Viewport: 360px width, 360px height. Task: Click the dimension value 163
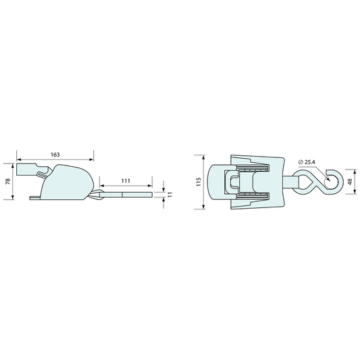(x=55, y=155)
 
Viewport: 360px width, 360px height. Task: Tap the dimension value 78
(x=8, y=182)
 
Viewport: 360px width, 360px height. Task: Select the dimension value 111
(x=126, y=181)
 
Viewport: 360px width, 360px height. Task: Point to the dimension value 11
(x=170, y=195)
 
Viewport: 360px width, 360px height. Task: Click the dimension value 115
(x=199, y=182)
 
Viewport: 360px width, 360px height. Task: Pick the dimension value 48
(x=350, y=182)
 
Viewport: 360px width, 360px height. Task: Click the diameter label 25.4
(x=310, y=162)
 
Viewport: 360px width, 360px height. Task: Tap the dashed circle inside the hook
(x=331, y=182)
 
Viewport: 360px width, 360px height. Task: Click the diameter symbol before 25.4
(x=301, y=162)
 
